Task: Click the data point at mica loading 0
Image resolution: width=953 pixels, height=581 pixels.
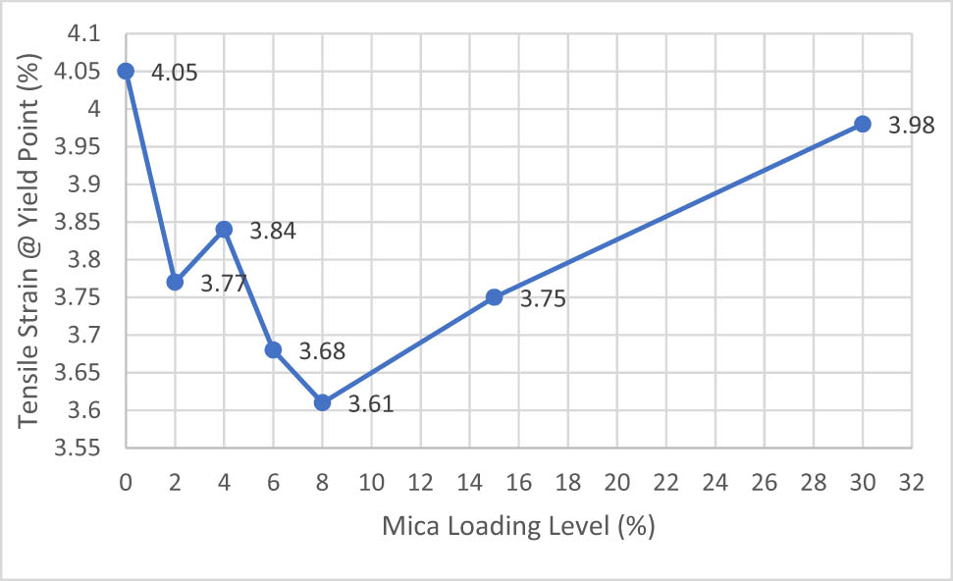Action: tap(126, 71)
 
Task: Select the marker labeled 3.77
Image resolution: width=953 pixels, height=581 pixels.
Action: tap(175, 282)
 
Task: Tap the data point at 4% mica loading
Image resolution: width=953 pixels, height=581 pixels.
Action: tap(224, 229)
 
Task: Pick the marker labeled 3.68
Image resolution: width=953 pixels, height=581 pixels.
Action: tap(273, 349)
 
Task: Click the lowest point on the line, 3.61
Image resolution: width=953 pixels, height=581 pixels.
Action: tap(322, 402)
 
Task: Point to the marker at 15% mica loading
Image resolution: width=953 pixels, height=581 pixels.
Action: tap(494, 296)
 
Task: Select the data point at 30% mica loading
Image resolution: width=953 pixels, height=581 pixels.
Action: tap(863, 124)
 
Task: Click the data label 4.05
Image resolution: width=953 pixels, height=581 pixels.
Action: tap(174, 72)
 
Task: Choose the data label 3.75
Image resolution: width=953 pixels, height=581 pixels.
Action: tap(543, 299)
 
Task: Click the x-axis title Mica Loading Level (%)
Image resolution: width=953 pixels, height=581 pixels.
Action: tap(519, 526)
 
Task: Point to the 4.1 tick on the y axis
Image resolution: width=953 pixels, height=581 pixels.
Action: tap(84, 33)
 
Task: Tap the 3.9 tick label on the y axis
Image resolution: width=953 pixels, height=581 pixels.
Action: tap(84, 185)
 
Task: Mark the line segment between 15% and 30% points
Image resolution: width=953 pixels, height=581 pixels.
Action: tap(678, 210)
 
